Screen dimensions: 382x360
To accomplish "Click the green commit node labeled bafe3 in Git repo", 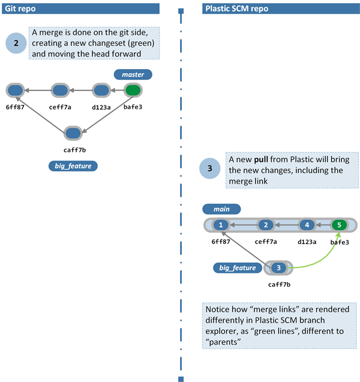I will tap(133, 91).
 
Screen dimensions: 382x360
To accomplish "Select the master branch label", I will tap(133, 74).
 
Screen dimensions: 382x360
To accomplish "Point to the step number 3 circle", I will tap(209, 169).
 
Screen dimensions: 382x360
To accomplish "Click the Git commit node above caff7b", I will tap(73, 133).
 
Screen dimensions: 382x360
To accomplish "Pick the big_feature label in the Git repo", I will tap(73, 166).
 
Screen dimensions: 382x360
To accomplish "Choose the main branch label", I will tap(221, 209).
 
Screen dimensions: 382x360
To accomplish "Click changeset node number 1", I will tap(221, 225).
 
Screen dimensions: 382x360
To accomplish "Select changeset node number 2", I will tap(265, 225).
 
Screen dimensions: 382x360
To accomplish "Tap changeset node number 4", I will tap(307, 225).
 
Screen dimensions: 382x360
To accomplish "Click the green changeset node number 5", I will tap(339, 225).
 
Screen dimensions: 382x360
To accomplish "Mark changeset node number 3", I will tap(278, 268).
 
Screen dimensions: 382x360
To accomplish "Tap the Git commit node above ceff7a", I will tap(60, 91).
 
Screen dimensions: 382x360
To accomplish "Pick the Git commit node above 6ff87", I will tap(15, 91).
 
